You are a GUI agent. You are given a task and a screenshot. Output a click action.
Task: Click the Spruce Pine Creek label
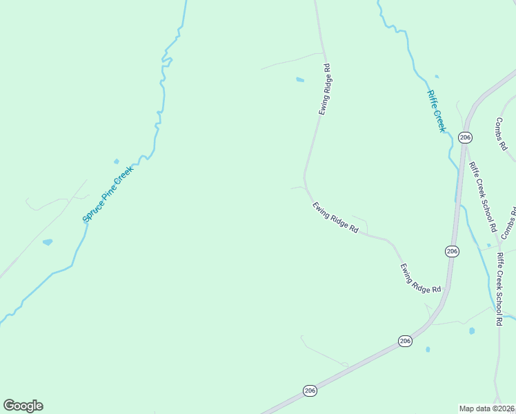tap(107, 193)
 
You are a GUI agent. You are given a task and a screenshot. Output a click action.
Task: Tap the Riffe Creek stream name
tap(436, 111)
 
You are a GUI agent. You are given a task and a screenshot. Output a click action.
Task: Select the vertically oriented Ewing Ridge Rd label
tap(325, 89)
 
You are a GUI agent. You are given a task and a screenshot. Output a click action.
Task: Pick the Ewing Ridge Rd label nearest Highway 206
tap(420, 278)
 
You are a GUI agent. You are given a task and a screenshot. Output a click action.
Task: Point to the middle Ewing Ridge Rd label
tap(335, 217)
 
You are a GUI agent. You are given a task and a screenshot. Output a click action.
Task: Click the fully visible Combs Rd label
tap(501, 134)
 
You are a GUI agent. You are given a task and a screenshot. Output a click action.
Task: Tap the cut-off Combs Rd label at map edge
tap(508, 221)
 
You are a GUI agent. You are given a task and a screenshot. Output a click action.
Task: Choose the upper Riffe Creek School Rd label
tap(483, 197)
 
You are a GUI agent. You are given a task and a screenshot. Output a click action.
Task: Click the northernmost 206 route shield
tap(465, 137)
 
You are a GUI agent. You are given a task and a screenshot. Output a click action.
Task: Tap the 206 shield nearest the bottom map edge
tap(310, 391)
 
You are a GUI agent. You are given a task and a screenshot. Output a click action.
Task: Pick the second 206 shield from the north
tap(451, 251)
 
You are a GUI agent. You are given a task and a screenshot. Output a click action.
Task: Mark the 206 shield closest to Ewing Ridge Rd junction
tap(405, 341)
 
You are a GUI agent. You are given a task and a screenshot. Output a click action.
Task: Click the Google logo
tap(23, 406)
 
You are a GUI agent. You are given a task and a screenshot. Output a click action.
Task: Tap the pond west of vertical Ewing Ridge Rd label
tap(300, 80)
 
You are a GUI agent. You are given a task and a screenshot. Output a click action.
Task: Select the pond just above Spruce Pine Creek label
tap(117, 161)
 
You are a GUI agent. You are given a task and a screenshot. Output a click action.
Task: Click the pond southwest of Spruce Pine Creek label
tap(47, 242)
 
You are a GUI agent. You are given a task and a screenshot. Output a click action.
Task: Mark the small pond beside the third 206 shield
tap(428, 349)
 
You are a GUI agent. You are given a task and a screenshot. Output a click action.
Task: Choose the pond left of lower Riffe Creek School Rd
tap(472, 331)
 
